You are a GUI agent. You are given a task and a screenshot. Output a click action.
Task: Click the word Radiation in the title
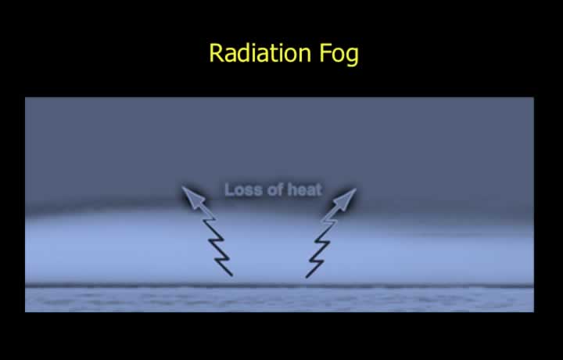[x=260, y=52]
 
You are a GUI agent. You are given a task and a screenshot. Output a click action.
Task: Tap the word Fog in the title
[x=339, y=55]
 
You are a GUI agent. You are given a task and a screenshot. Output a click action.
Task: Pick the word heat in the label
[x=304, y=189]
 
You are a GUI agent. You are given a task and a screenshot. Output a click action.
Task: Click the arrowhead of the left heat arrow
[x=192, y=196]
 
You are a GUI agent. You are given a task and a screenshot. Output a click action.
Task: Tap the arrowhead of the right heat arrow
[x=345, y=199]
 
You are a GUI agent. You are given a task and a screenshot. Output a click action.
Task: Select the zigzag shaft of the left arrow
[x=217, y=243]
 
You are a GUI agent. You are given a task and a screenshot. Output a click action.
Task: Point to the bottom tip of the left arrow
[x=232, y=275]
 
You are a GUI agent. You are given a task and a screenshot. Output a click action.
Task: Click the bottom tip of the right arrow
[x=307, y=277]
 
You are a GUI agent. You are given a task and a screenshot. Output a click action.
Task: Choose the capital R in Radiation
[x=216, y=52]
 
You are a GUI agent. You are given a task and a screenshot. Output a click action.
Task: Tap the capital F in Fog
[x=325, y=52]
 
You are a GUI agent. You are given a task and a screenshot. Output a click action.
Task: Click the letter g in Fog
[x=352, y=57]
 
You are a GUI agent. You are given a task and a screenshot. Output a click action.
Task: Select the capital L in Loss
[x=229, y=189]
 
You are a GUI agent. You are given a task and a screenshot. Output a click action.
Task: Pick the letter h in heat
[x=292, y=189]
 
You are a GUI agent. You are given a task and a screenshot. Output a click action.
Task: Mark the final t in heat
[x=318, y=190]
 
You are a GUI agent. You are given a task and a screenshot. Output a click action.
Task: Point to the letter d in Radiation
[x=243, y=52]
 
